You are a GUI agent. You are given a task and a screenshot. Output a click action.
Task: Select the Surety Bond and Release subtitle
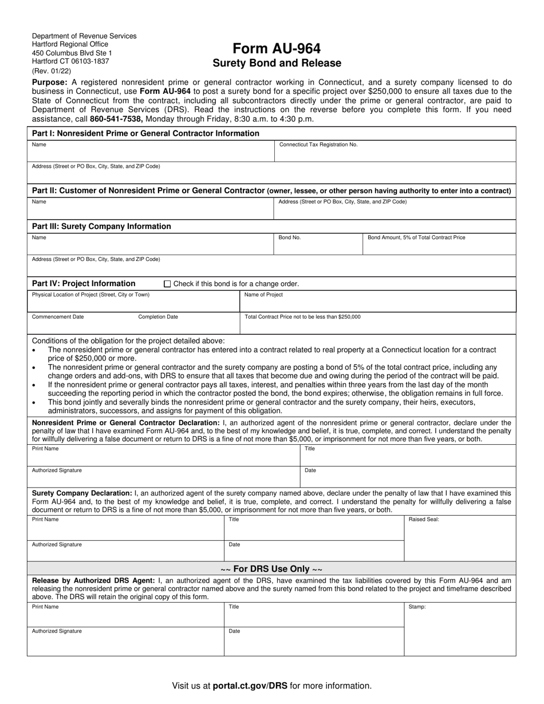277,64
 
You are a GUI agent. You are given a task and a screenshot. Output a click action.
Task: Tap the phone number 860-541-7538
116,119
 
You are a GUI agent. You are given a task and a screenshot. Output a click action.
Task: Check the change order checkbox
167,284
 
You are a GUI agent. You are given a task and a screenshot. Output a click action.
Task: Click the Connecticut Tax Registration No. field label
318,145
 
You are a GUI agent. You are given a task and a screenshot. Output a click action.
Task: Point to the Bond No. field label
289,238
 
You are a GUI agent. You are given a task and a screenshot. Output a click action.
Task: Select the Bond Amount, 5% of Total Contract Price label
416,238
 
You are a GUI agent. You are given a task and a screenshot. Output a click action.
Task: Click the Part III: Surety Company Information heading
101,227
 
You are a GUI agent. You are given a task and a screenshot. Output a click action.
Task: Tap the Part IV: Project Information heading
84,283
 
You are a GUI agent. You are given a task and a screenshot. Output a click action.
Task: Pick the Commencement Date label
58,317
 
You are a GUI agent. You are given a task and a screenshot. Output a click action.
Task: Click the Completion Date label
158,317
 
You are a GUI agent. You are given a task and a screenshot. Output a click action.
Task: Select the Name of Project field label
263,295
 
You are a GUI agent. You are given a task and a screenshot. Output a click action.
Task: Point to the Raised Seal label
424,520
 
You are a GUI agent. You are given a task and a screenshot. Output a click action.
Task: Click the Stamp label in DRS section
417,607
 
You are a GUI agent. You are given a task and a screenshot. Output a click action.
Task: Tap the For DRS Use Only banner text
271,569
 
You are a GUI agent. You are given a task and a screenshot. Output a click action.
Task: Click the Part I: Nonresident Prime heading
145,133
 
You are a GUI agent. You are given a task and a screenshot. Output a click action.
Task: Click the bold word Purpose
50,82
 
